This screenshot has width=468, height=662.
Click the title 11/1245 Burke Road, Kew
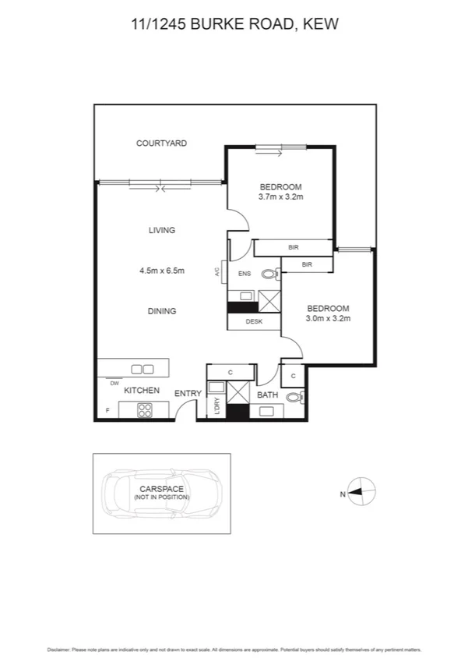(x=234, y=26)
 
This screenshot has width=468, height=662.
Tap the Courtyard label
(x=161, y=143)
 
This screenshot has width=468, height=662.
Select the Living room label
(x=161, y=230)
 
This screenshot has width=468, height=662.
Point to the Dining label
(x=162, y=311)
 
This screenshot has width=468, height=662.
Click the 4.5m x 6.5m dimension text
(x=162, y=271)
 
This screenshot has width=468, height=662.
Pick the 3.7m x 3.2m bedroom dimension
(x=280, y=197)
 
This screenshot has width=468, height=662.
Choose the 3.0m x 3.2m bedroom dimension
(x=328, y=318)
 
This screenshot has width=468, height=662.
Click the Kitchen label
(x=143, y=390)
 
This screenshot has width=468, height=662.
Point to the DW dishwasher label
(x=114, y=384)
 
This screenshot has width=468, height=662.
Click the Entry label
(x=188, y=394)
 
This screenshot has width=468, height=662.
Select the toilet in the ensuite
(x=270, y=274)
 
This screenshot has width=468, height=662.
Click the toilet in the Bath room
(x=294, y=398)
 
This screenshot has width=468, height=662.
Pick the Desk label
(x=253, y=321)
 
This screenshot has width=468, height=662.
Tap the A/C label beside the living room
(x=216, y=273)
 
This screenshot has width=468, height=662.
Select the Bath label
(x=268, y=395)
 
